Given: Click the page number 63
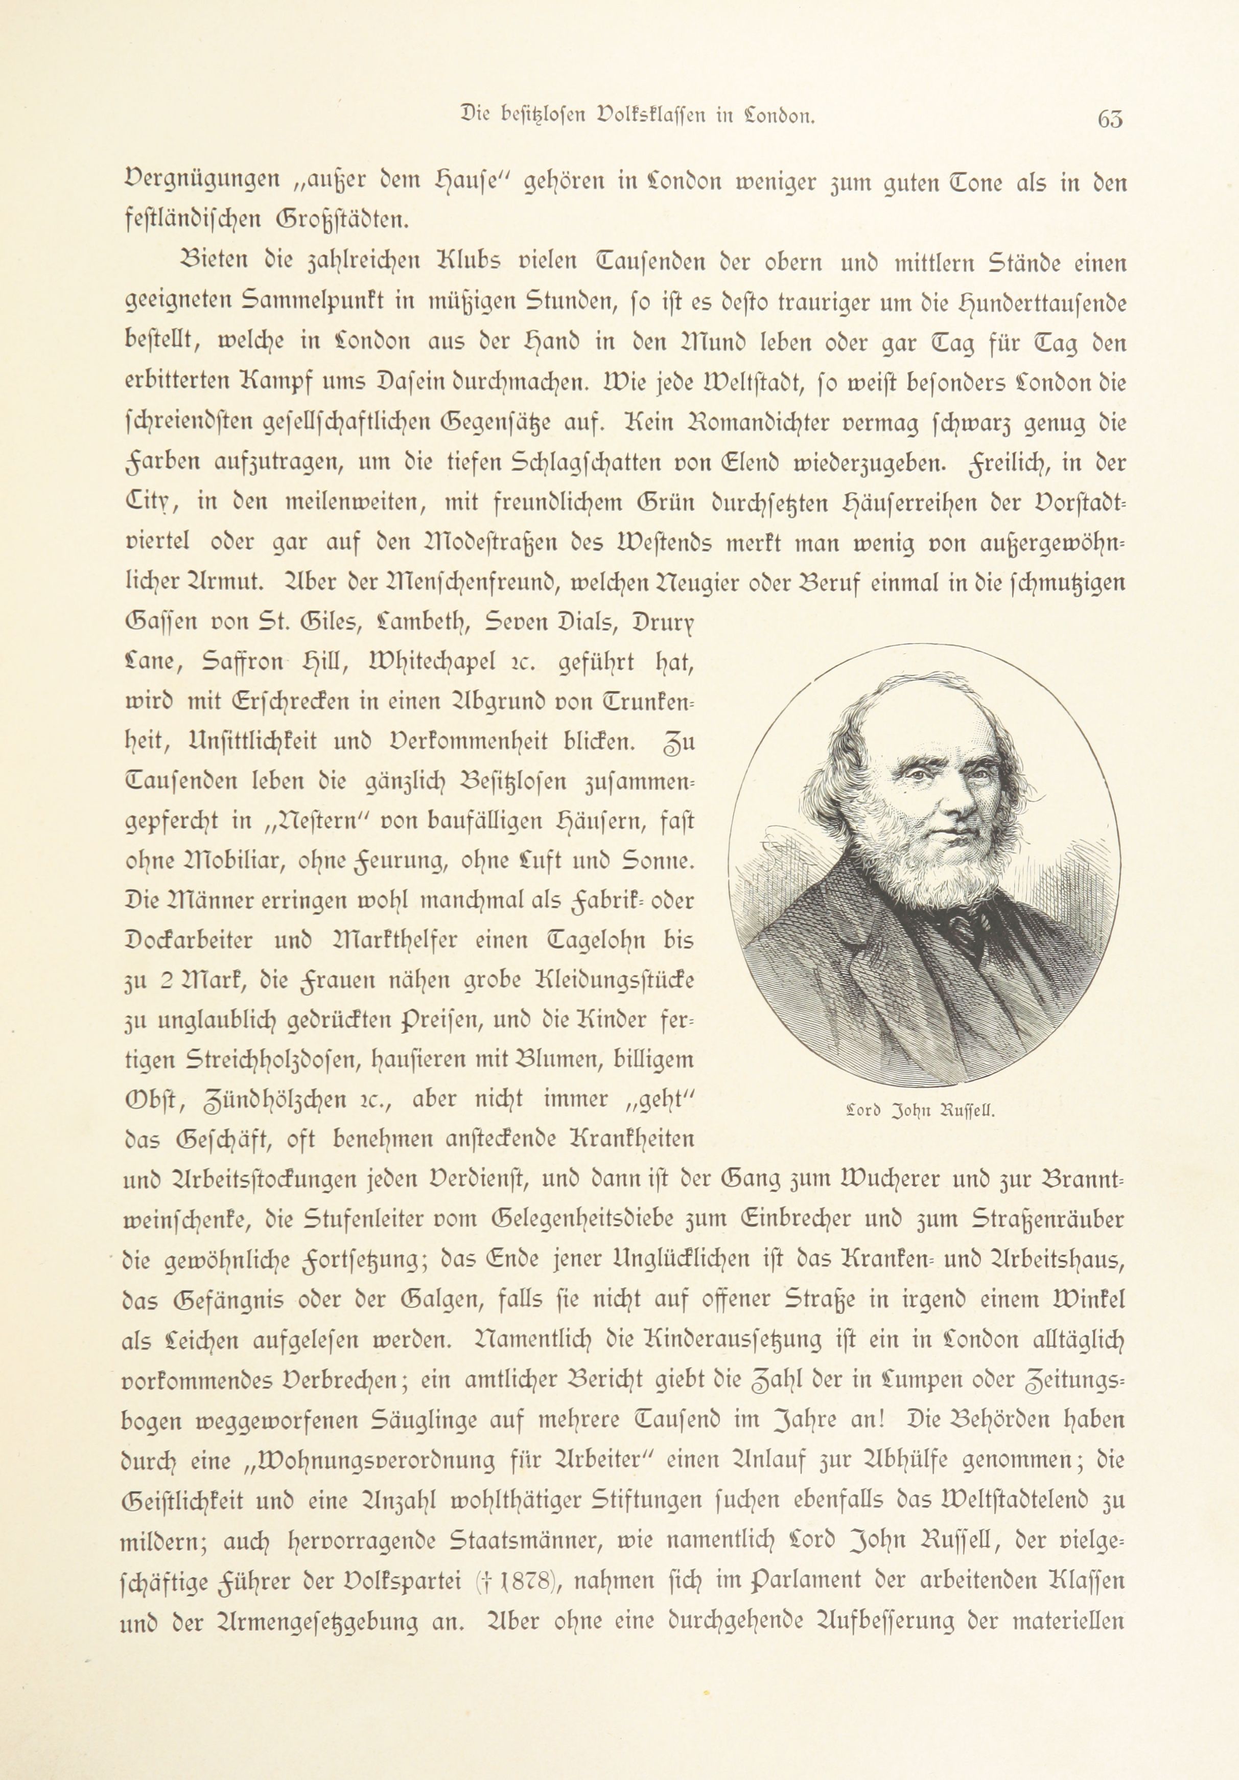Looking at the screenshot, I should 1110,119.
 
